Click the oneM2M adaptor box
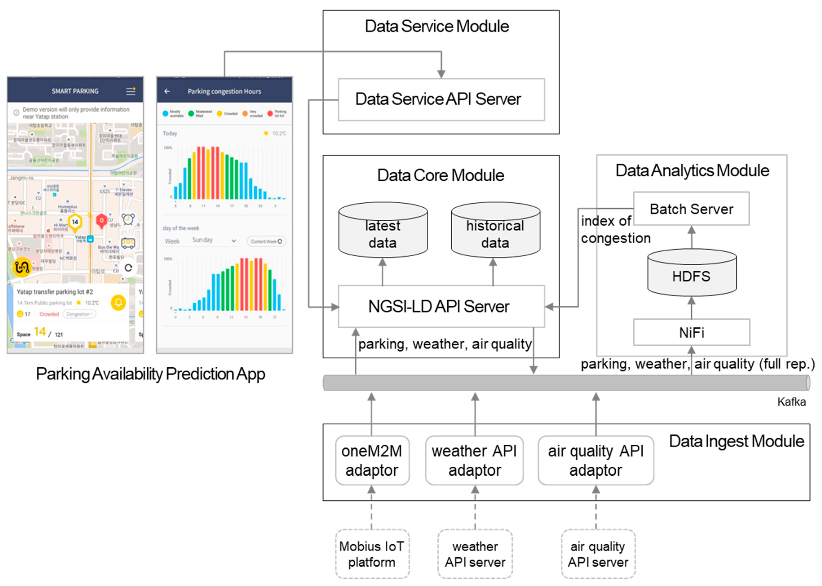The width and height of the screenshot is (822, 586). [x=372, y=460]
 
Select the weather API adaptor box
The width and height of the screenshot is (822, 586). [x=474, y=460]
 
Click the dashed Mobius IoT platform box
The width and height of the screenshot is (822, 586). [x=372, y=554]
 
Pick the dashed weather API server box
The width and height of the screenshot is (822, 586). [x=475, y=554]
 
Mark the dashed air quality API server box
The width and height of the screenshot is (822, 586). [x=598, y=554]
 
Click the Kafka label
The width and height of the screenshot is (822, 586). [x=791, y=402]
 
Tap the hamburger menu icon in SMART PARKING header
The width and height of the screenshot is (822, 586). [x=130, y=91]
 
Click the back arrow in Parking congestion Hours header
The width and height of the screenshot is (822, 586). [x=167, y=91]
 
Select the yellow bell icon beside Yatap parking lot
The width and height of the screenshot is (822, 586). [x=118, y=302]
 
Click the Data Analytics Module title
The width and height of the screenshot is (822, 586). [x=692, y=171]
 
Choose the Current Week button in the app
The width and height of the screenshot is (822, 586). [x=266, y=241]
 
